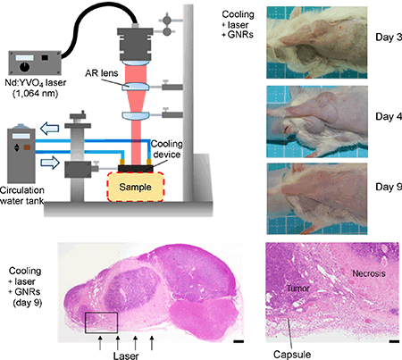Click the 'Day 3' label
pyautogui.click(x=382, y=39)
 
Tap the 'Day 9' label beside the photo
pyautogui.click(x=382, y=188)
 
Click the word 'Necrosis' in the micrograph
pyautogui.click(x=364, y=275)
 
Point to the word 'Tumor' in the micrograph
pyautogui.click(x=298, y=290)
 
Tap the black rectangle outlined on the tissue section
pyautogui.click(x=100, y=322)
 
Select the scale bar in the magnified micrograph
pyautogui.click(x=393, y=340)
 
